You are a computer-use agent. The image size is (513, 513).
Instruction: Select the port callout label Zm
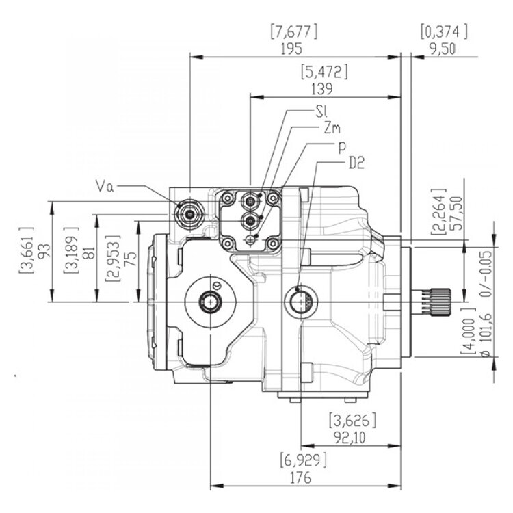point(332,128)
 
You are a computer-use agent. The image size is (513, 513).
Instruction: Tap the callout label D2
point(356,163)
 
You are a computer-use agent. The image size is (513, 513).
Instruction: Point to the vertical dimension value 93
point(40,251)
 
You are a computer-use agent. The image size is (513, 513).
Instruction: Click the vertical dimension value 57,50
point(453,212)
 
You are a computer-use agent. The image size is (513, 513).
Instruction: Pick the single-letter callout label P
point(341,146)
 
